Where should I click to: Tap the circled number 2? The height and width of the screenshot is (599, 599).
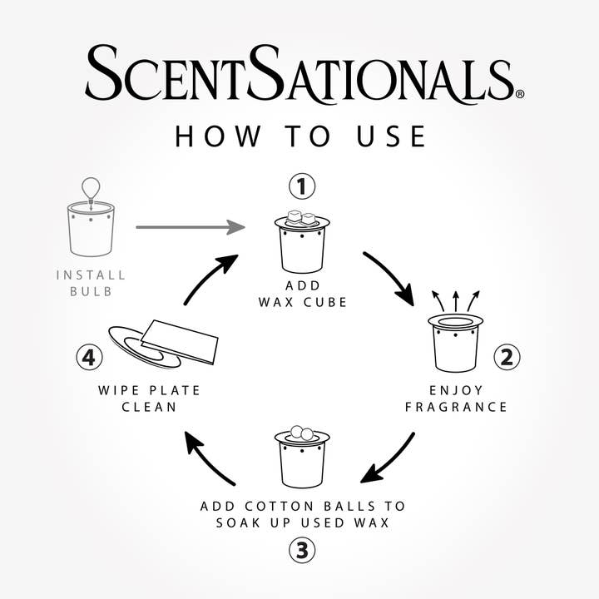click(x=507, y=358)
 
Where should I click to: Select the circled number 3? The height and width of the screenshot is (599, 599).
click(x=301, y=549)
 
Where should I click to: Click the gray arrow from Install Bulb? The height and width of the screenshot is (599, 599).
click(x=190, y=226)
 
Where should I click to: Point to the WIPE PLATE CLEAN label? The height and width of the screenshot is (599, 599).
click(x=149, y=399)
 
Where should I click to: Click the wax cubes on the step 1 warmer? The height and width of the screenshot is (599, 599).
click(x=300, y=218)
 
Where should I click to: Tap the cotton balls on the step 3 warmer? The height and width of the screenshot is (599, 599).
click(x=300, y=433)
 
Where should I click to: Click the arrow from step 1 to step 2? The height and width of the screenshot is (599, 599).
click(x=389, y=277)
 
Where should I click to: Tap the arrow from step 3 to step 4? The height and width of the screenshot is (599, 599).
click(x=210, y=458)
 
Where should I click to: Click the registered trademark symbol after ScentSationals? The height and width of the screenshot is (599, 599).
click(x=520, y=95)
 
